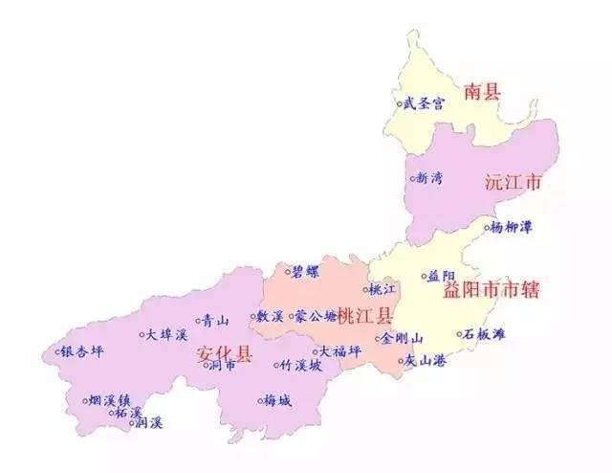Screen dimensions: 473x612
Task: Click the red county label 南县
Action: (483, 92)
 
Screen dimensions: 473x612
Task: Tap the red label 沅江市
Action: (514, 180)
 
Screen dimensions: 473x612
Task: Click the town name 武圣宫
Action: (425, 102)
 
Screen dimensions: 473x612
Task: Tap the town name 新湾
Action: (429, 177)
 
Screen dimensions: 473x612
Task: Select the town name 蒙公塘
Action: (317, 315)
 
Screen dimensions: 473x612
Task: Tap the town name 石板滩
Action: (485, 334)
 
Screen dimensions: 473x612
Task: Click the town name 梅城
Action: (278, 400)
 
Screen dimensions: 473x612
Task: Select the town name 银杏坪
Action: (83, 350)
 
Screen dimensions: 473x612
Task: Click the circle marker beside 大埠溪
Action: (142, 334)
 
